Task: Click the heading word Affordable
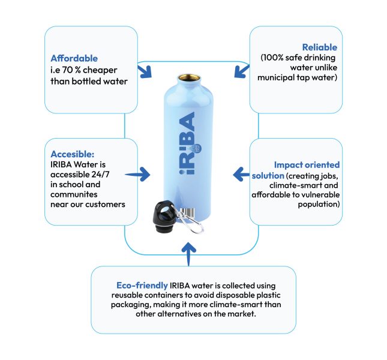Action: coord(74,58)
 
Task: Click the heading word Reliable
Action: coord(320,47)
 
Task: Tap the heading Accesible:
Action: coord(73,154)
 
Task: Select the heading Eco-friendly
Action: coord(142,286)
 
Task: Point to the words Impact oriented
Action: coord(307,165)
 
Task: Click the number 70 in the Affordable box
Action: coord(67,70)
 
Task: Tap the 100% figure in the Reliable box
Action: coord(274,58)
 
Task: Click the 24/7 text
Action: coord(100,175)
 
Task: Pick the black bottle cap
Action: coord(165,217)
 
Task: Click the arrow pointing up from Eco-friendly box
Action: coord(189,254)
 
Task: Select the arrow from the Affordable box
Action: coord(145,71)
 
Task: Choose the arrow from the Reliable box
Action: coord(242,71)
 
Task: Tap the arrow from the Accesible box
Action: coord(137,175)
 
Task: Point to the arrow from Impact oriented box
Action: coord(241,175)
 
